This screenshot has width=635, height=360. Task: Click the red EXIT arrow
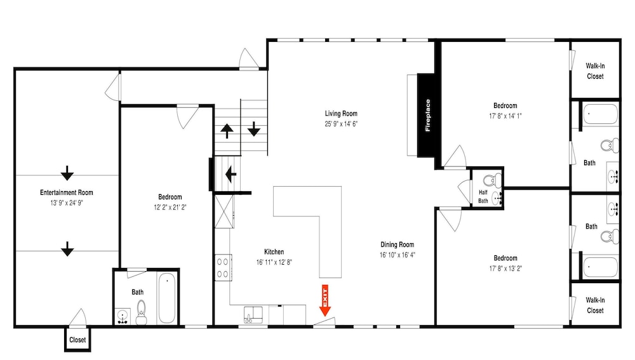(324, 300)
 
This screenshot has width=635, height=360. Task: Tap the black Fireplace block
(427, 116)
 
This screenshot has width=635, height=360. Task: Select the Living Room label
(341, 114)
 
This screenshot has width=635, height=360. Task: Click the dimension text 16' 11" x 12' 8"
(274, 262)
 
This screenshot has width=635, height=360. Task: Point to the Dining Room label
(398, 244)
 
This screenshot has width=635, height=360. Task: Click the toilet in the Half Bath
(492, 179)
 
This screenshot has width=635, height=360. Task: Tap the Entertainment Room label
(67, 192)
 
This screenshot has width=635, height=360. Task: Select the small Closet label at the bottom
(77, 340)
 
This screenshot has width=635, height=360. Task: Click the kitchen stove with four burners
(223, 267)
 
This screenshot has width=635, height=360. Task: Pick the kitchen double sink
(253, 315)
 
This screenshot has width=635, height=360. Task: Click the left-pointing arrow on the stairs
(231, 174)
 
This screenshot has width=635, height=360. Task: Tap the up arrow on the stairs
(227, 131)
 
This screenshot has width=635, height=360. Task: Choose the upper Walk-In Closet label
(595, 71)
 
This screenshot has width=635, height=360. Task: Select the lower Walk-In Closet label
(595, 305)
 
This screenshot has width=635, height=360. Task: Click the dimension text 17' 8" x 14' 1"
(505, 116)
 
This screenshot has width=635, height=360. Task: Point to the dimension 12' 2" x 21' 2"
(170, 207)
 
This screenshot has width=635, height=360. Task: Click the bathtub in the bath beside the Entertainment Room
(166, 298)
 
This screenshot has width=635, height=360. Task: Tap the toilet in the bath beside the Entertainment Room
(142, 312)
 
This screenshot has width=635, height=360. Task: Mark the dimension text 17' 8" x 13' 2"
(505, 268)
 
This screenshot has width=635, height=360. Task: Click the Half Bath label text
(483, 196)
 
